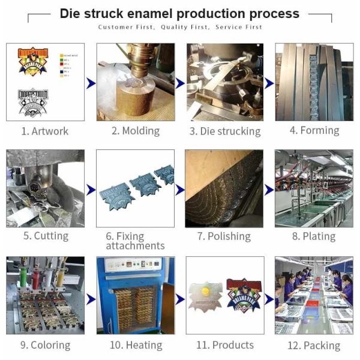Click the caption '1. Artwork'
click(45, 131)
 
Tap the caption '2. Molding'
click(135, 131)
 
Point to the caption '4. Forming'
click(314, 130)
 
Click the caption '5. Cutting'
click(46, 236)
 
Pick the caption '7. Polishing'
click(224, 236)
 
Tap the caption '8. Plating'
click(313, 236)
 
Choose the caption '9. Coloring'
click(45, 345)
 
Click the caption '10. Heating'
click(136, 345)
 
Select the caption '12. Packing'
click(313, 345)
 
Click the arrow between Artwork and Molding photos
click(91, 83)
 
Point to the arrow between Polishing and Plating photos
click(269, 190)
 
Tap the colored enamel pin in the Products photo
click(244, 293)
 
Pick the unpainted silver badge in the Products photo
click(205, 295)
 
